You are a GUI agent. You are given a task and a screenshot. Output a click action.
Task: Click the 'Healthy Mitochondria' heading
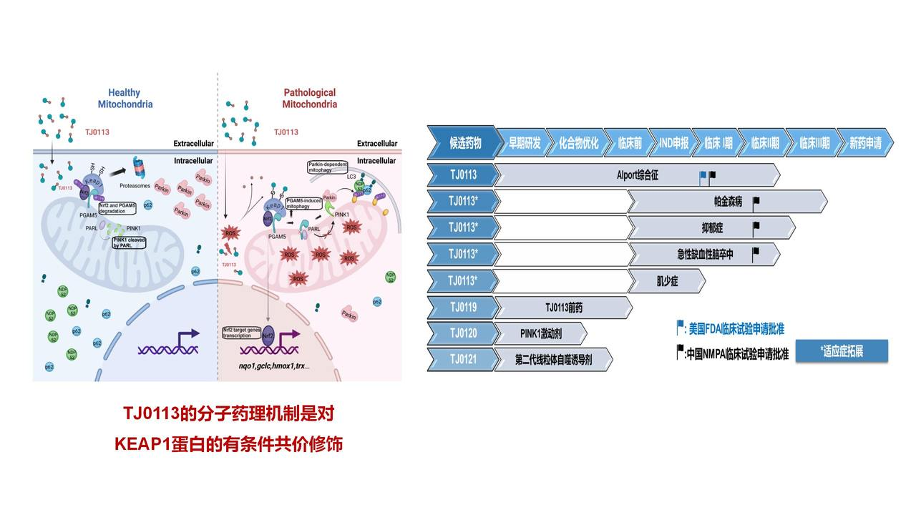125,98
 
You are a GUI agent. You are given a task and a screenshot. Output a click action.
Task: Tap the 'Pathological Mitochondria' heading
309,98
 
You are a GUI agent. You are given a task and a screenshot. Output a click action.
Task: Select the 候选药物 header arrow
464,143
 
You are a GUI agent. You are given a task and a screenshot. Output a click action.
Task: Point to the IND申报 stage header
673,143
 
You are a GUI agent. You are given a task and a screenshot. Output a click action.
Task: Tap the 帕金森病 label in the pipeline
728,202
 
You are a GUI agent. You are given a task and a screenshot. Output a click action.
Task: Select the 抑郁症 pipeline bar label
712,228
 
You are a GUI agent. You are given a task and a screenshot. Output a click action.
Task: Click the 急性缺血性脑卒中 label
705,254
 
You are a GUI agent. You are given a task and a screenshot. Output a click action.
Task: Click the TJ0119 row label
463,308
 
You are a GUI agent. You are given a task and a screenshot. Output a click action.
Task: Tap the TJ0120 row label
463,333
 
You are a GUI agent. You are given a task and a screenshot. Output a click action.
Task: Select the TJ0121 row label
463,359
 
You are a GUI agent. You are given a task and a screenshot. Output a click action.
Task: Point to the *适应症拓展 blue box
842,350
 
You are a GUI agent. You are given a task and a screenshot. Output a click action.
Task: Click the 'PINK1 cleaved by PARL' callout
130,242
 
